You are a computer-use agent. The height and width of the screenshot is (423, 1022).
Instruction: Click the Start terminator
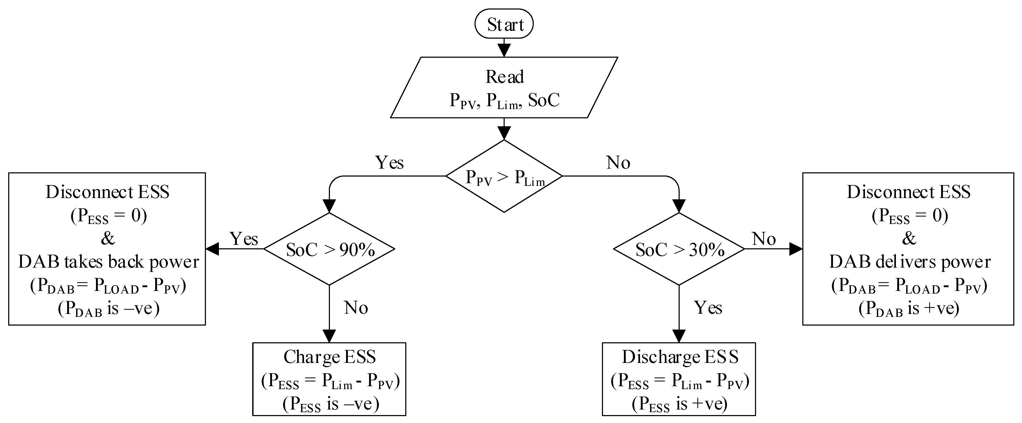pos(504,24)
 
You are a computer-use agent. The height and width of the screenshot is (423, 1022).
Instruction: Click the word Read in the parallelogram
pos(504,77)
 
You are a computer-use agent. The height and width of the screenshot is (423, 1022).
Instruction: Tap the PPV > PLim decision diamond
pos(504,176)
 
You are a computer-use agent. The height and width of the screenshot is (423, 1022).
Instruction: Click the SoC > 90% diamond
pos(329,249)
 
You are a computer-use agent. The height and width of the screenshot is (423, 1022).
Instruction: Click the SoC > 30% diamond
pos(679,249)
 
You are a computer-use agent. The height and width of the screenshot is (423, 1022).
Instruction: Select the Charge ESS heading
pos(329,357)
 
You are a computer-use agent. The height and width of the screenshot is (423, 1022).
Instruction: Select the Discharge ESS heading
pos(680,357)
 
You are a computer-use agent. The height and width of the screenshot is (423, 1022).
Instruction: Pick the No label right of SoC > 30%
pos(764,239)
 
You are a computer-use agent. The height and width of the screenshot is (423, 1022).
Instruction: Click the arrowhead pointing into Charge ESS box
pos(329,336)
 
